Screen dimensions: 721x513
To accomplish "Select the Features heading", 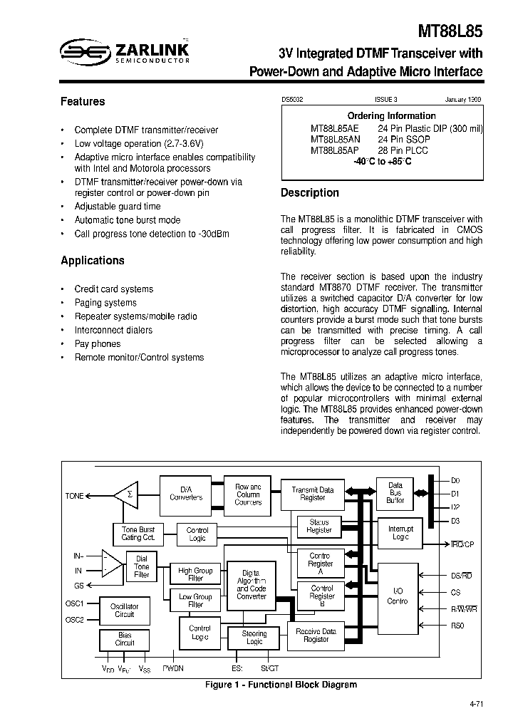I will point(83,102).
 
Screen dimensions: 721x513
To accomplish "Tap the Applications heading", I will point(93,261).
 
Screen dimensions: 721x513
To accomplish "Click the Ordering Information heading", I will point(391,115).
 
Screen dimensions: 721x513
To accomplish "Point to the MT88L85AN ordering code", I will point(335,140).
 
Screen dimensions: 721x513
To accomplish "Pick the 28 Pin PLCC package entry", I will point(405,150).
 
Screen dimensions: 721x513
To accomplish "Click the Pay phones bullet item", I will point(98,343).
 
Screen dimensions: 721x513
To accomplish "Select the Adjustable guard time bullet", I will point(118,207).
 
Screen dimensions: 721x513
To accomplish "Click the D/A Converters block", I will point(186,493).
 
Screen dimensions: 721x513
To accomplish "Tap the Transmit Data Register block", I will point(312,494).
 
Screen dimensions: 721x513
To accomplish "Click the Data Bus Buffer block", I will point(395,493).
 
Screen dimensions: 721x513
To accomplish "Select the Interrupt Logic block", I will point(400,532).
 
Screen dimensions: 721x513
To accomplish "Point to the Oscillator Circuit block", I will point(125,610).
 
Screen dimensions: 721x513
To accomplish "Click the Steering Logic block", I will point(254,638).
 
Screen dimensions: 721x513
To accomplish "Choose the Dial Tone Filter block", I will point(142,566).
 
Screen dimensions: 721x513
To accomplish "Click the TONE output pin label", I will point(74,496).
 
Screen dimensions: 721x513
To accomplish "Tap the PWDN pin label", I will point(172,669).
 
